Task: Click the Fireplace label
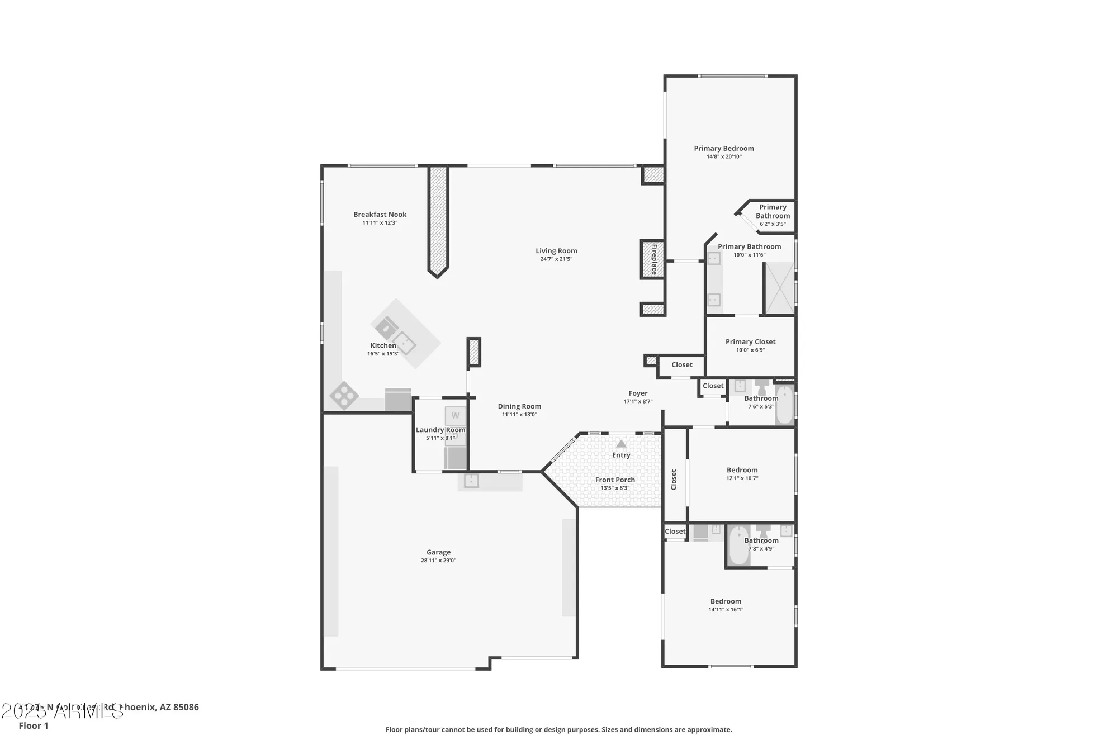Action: click(653, 259)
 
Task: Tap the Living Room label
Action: click(556, 251)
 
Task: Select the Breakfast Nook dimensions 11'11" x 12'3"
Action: click(380, 223)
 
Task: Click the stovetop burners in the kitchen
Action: click(344, 396)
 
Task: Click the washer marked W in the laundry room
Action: click(455, 415)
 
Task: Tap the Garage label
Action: click(438, 552)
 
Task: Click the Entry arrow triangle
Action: click(621, 444)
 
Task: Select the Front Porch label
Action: click(615, 480)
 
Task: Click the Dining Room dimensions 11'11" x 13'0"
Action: click(519, 415)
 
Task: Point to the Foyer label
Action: click(638, 393)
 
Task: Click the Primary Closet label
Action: click(750, 341)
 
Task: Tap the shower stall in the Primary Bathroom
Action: click(779, 288)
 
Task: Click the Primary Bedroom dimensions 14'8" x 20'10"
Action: click(724, 157)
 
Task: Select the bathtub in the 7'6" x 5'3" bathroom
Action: click(784, 405)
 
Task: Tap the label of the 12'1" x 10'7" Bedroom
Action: click(742, 470)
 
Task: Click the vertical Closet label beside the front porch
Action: click(674, 480)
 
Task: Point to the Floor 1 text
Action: click(34, 725)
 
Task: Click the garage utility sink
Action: click(471, 480)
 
